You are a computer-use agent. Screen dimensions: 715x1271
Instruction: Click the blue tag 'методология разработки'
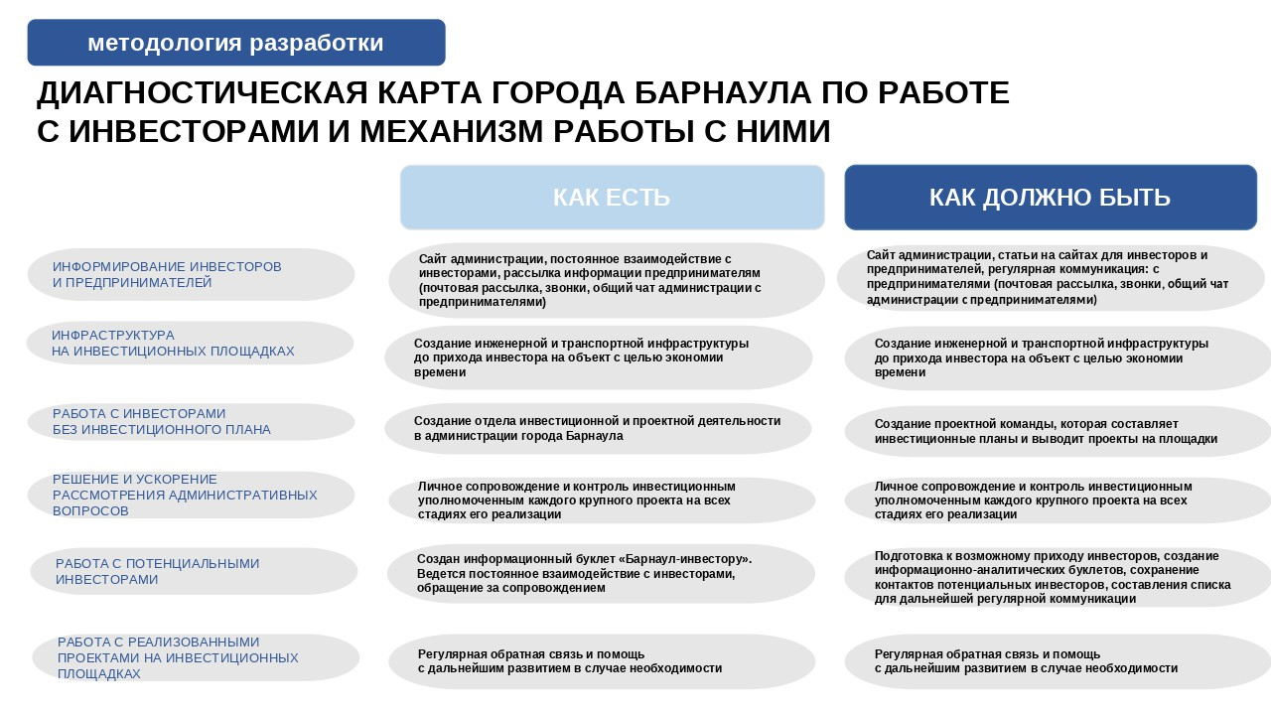coord(235,43)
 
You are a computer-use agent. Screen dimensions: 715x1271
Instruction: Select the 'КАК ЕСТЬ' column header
coord(612,198)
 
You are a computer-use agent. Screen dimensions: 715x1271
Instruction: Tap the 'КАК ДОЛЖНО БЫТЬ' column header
coord(1050,198)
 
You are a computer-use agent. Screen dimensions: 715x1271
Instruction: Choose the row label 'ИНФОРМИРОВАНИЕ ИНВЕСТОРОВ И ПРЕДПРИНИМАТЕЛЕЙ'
coord(191,275)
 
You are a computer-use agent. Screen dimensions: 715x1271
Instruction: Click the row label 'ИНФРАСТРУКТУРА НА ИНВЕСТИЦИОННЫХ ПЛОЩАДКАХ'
coord(190,344)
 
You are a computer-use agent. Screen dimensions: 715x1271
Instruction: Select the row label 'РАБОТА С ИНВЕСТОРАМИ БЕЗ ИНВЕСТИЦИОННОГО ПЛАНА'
coord(191,422)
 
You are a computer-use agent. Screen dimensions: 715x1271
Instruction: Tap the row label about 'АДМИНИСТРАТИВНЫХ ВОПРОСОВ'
coord(191,495)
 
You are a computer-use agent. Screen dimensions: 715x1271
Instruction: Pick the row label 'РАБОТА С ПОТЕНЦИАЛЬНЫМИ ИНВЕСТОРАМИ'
coord(194,571)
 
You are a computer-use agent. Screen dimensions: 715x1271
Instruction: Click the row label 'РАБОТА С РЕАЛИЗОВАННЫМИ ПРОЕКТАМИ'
coord(196,657)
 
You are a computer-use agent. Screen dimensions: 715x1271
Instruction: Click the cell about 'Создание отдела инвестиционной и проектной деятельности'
coord(598,428)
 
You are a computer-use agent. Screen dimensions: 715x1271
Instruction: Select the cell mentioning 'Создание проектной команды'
coord(1057,431)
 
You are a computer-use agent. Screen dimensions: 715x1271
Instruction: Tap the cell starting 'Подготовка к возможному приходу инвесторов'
coord(1057,577)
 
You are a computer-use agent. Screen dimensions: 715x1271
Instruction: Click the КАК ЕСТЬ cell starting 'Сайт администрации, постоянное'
coord(606,280)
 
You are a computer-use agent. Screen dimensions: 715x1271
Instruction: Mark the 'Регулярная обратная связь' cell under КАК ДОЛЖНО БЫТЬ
coord(1057,661)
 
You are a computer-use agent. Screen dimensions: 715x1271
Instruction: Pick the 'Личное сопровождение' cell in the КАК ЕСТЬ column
coord(602,500)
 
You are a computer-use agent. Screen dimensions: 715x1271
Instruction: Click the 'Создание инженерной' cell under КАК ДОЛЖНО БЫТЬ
coord(1057,357)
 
